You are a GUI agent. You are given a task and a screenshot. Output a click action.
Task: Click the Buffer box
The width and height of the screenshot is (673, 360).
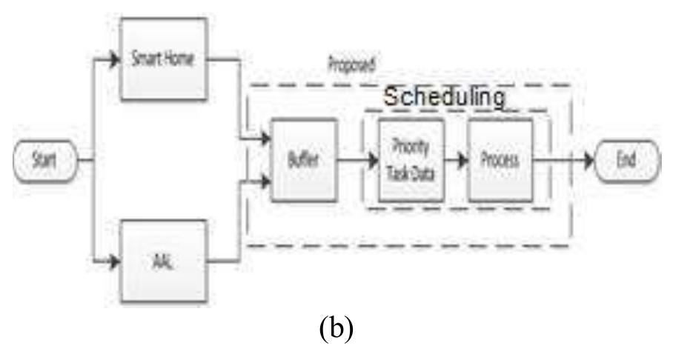(304, 159)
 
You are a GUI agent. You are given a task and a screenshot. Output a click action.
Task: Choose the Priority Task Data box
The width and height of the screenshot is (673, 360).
(410, 159)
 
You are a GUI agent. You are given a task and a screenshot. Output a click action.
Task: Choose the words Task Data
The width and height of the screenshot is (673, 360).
(411, 171)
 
